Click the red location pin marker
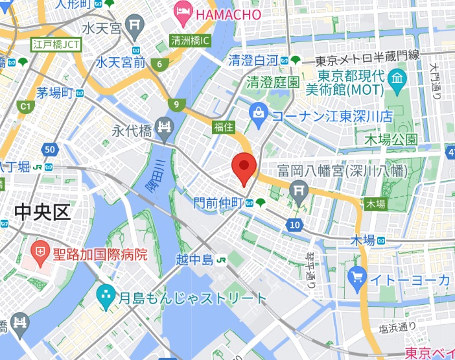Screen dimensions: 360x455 244,168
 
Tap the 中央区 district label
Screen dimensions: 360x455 42,212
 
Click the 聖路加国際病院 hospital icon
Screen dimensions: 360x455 40,251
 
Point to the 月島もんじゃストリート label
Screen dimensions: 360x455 192,298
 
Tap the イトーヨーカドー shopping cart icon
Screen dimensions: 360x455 356,279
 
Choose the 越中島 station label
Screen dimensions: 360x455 194,260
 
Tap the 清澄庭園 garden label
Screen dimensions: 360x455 273,82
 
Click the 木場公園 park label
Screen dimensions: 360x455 390,139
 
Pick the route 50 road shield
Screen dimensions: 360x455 51,150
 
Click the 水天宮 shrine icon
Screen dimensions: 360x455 135,27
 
